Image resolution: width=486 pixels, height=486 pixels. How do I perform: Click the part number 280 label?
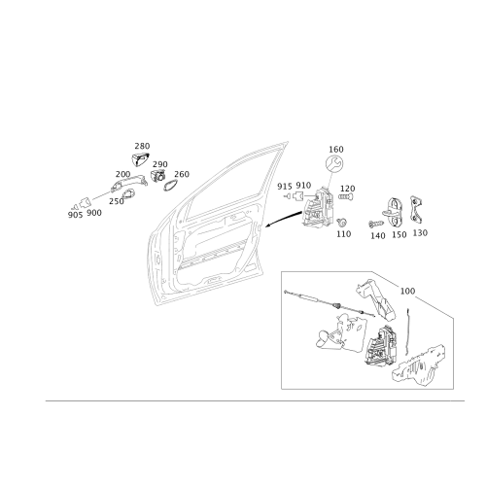click(x=142, y=146)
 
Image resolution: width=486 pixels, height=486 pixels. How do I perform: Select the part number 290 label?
click(x=160, y=164)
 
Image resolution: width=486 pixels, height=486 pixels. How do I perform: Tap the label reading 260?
click(x=182, y=174)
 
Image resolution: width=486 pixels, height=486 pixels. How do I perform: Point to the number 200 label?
click(x=122, y=174)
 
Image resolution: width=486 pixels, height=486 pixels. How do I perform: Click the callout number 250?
click(x=117, y=201)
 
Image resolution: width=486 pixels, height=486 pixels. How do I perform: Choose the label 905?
click(x=75, y=215)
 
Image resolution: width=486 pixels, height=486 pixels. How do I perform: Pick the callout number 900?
click(x=94, y=213)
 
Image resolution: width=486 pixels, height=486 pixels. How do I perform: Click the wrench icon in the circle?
click(x=334, y=163)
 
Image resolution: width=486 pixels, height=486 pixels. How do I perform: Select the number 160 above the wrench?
click(x=336, y=150)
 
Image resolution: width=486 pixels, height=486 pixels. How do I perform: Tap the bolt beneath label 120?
click(x=346, y=196)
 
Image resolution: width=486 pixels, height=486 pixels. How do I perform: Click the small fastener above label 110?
click(x=341, y=223)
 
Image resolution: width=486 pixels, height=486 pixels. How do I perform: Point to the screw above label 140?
click(x=376, y=224)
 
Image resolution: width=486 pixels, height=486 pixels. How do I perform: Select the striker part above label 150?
click(x=395, y=213)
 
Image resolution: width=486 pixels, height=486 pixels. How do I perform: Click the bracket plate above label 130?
click(x=417, y=210)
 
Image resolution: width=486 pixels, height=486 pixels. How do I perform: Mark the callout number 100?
click(x=407, y=291)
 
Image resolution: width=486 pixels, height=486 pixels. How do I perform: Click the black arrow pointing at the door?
click(x=283, y=219)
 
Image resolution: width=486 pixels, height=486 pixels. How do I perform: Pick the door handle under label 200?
click(x=129, y=184)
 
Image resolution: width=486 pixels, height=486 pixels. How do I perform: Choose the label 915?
click(x=285, y=187)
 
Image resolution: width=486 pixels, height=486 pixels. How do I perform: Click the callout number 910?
click(x=303, y=186)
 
